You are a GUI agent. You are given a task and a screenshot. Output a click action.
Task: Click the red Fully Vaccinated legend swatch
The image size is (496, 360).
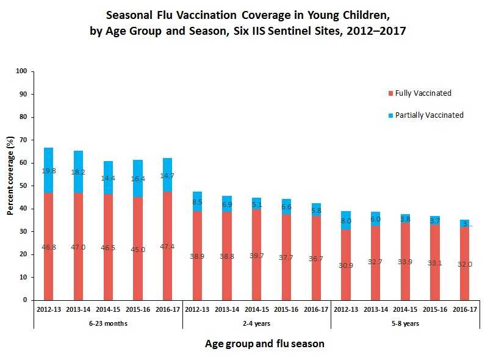390,93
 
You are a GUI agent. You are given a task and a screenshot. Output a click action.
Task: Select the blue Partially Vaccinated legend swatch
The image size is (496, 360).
390,115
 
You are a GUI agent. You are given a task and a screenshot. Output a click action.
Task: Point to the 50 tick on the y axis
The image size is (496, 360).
24,185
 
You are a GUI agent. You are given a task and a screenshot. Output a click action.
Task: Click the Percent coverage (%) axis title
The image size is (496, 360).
10,185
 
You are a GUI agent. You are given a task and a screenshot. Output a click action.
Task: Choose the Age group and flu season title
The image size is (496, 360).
264,344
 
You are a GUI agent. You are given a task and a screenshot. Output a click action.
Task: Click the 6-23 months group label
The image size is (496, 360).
108,323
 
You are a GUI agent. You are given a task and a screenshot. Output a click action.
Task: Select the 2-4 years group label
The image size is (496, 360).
257,323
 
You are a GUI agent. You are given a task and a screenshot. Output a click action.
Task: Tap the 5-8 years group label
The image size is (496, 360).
406,323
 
